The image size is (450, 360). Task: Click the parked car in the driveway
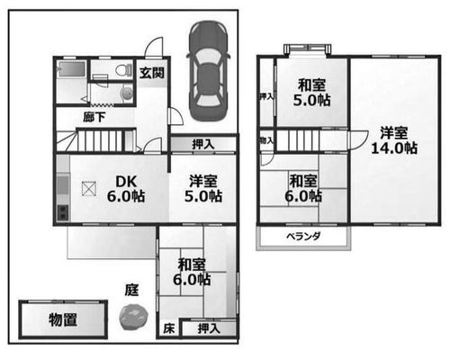208,71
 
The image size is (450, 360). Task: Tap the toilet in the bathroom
124,71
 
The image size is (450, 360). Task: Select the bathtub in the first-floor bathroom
72,69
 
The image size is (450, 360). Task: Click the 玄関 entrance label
152,73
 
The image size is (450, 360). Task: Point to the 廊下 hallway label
94,117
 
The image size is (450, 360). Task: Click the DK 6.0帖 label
126,189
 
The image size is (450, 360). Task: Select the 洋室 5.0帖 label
203,189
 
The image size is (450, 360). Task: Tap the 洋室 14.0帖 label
394,140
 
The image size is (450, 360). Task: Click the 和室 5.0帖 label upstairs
311,93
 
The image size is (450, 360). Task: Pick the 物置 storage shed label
63,319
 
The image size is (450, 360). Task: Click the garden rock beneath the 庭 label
133,317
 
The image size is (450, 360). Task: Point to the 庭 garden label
131,290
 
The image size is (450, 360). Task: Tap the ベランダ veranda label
303,237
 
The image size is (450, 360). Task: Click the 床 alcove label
168,328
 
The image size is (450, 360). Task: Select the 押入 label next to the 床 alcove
209,328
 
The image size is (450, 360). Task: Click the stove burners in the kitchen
63,212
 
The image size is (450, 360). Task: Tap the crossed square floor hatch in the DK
89,189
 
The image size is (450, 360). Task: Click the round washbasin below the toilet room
126,93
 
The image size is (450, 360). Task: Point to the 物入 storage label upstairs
266,140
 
